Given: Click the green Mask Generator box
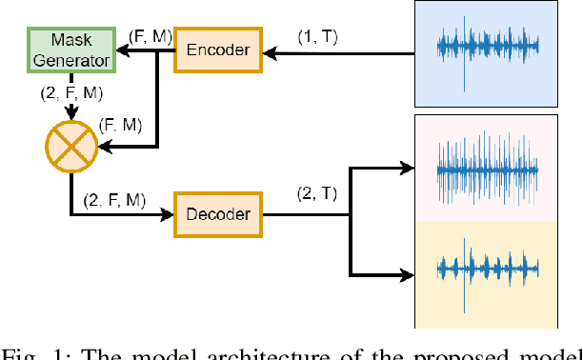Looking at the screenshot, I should [x=70, y=50].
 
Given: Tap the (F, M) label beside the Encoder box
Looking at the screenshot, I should [x=150, y=34].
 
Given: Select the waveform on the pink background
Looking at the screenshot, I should [x=487, y=170].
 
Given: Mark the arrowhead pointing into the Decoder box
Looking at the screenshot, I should [x=169, y=214].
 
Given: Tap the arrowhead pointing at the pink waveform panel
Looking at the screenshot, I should [x=410, y=170].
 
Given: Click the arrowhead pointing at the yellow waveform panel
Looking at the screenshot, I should [x=410, y=275].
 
